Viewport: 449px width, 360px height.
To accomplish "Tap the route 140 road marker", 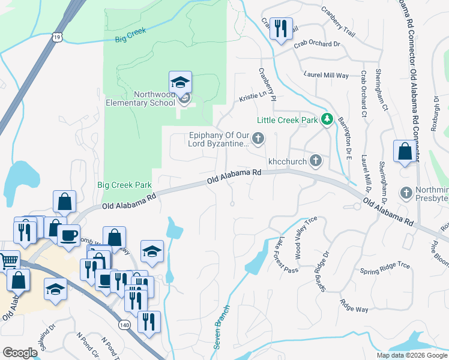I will (124, 325).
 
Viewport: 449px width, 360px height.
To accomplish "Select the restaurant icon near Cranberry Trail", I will (280, 28).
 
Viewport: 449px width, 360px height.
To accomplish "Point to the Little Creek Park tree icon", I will (327, 120).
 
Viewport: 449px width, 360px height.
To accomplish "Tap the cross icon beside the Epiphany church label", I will (258, 139).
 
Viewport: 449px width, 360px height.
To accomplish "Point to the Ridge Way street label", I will (354, 306).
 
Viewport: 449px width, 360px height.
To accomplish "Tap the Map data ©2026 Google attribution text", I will (412, 355).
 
